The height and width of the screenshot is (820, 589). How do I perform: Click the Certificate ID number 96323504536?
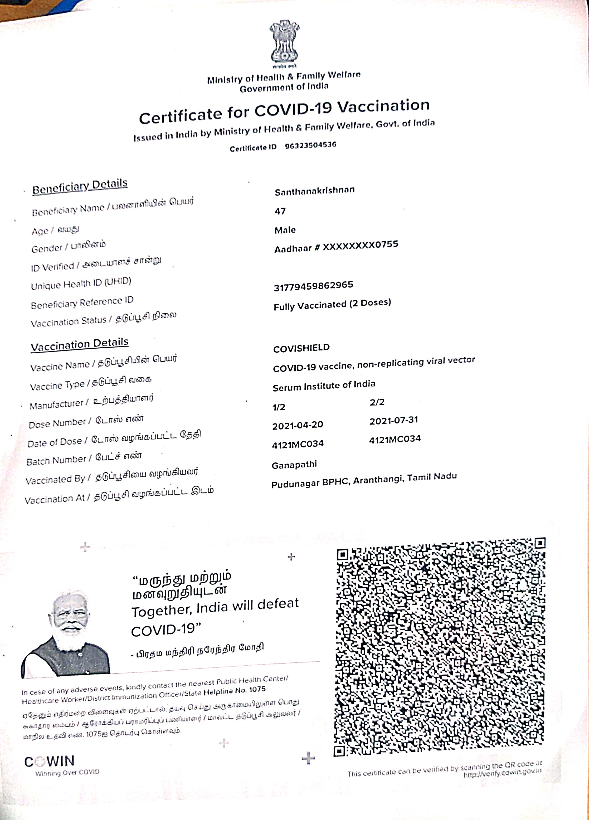coord(311,145)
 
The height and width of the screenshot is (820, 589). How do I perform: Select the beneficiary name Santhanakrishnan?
coord(315,191)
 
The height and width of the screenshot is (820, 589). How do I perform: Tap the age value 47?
coord(280,211)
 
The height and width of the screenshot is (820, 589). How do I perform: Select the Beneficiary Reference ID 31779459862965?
coord(313,286)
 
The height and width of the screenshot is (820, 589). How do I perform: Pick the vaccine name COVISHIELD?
coord(301,348)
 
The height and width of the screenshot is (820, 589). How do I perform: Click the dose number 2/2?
coord(377,402)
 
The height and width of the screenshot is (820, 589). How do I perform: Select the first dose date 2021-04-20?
coord(298,426)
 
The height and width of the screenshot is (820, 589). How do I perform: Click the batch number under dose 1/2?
coord(298,444)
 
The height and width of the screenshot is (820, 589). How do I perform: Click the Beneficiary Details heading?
coord(80,187)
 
